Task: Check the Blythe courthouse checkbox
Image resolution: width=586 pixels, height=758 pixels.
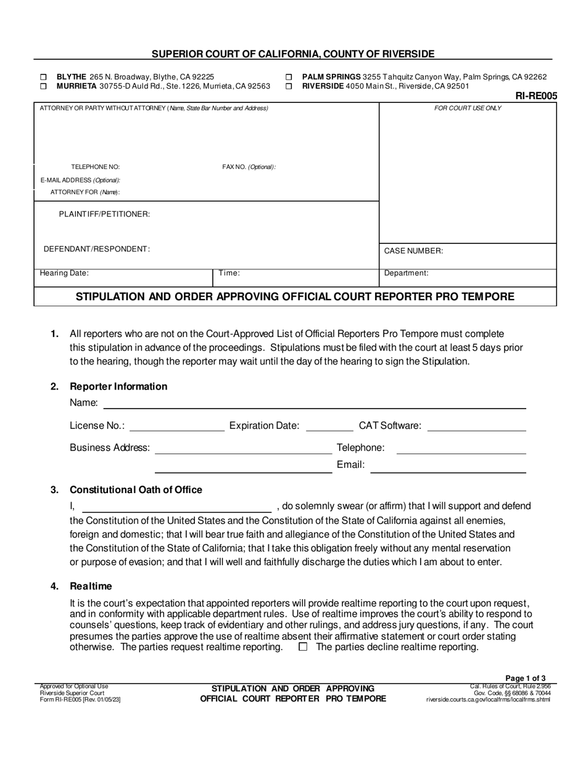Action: pyautogui.click(x=43, y=77)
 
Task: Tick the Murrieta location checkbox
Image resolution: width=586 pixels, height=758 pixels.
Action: pyautogui.click(x=43, y=87)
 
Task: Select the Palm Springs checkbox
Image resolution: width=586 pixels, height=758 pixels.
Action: pyautogui.click(x=289, y=77)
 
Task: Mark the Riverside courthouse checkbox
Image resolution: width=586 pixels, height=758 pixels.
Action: pyautogui.click(x=289, y=87)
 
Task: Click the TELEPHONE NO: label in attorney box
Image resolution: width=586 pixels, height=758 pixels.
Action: pyautogui.click(x=96, y=167)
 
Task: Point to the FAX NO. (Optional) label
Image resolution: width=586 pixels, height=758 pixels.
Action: pyautogui.click(x=249, y=167)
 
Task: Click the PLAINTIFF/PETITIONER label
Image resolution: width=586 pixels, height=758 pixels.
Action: pyautogui.click(x=104, y=214)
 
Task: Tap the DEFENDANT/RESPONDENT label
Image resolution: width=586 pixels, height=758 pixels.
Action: pyautogui.click(x=96, y=249)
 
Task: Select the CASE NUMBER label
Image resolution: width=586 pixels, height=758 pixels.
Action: pyautogui.click(x=413, y=251)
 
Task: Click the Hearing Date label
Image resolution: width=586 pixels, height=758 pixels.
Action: pyautogui.click(x=64, y=273)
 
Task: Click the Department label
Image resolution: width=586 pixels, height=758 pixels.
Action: pyautogui.click(x=406, y=273)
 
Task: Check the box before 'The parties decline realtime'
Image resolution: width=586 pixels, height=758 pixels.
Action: pyautogui.click(x=303, y=647)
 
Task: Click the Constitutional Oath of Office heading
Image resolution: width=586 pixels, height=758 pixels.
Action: pyautogui.click(x=136, y=490)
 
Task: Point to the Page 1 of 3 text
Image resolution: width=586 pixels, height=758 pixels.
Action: pyautogui.click(x=525, y=677)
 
